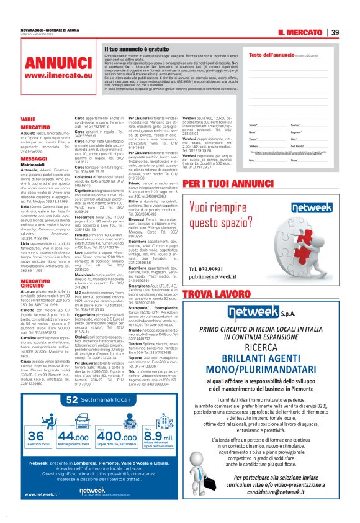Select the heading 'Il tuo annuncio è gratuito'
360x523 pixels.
[137, 48]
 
